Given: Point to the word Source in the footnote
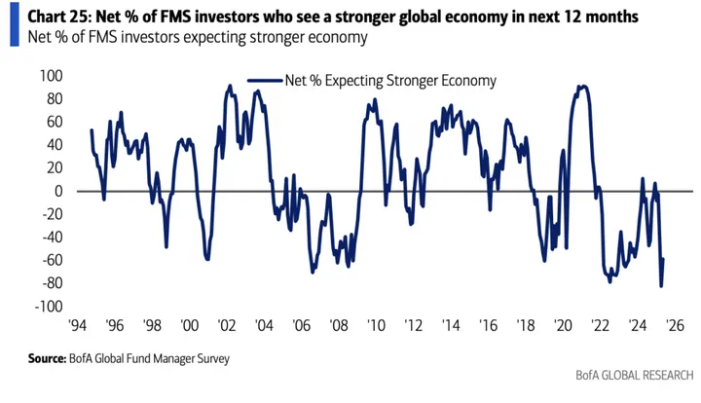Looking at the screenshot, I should pos(52,359).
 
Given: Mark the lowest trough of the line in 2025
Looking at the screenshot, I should pos(661,285).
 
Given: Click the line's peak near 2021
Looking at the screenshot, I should pos(582,86).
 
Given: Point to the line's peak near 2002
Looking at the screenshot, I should pos(230,86).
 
